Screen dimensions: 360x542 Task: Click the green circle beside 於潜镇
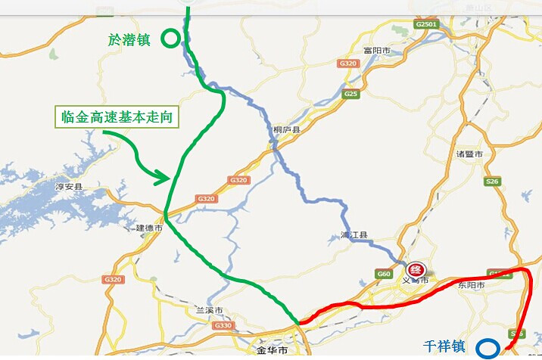point(172,38)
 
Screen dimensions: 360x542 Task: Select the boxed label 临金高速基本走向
point(118,117)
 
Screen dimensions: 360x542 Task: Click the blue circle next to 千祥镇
point(488,349)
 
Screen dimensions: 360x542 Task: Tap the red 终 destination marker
point(415,270)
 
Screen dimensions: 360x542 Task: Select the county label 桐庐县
point(287,130)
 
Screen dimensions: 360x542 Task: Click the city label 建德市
point(149,228)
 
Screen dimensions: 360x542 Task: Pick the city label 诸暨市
point(469,154)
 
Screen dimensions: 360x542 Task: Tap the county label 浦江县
point(353,236)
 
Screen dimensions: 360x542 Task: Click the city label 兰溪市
point(209,311)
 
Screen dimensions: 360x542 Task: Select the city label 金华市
point(272,352)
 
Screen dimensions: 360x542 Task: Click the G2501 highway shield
point(426,25)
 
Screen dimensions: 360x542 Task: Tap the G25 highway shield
point(350,94)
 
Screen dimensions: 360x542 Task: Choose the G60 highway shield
point(385,273)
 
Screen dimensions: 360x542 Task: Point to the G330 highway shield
point(223,325)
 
